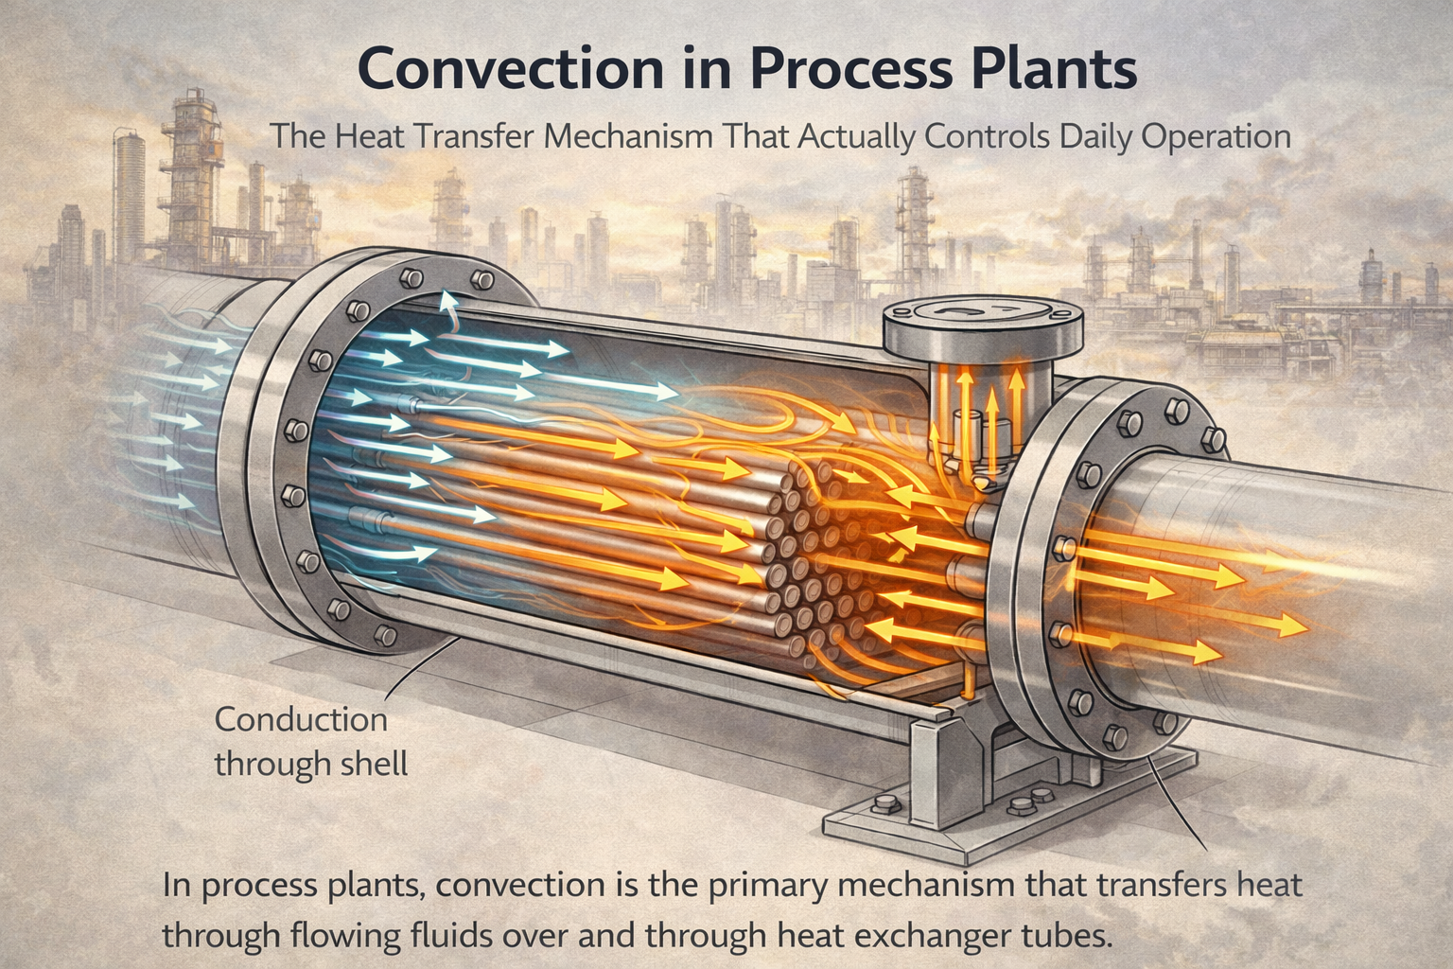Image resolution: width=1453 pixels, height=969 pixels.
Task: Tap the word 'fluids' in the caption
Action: pyautogui.click(x=481, y=936)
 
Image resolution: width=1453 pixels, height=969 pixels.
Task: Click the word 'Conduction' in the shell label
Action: pyautogui.click(x=301, y=719)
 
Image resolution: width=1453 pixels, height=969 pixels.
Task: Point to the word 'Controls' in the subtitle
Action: pyautogui.click(x=983, y=136)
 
